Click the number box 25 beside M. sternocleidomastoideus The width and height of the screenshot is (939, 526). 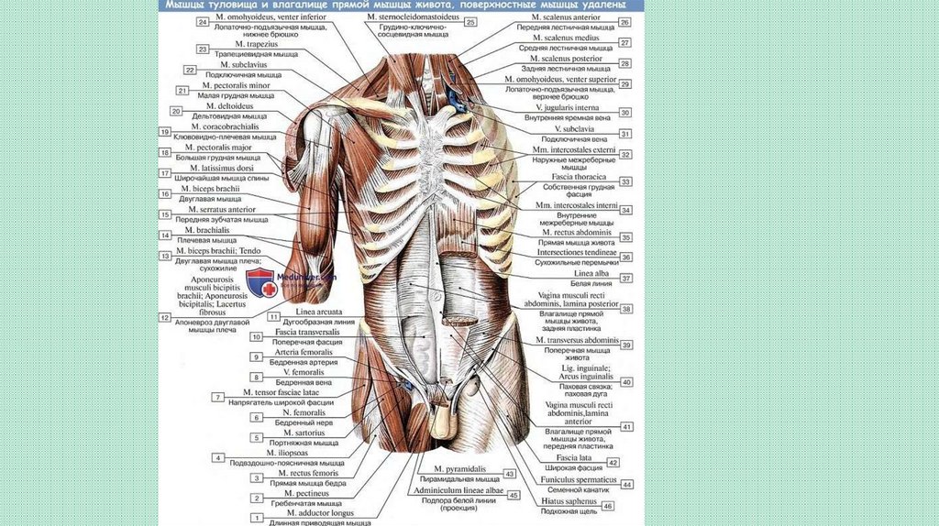[x=470, y=21]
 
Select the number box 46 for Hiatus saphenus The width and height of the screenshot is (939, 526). [x=608, y=506]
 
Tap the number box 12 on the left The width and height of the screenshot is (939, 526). [x=166, y=318]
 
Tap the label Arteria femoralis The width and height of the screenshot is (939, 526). [x=297, y=352]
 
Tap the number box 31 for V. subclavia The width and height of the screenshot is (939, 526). [x=626, y=134]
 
